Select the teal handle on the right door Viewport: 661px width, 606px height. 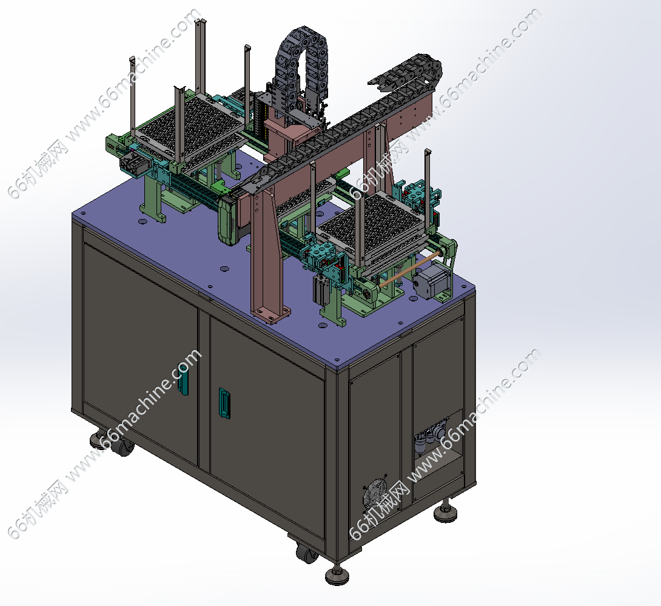click(224, 403)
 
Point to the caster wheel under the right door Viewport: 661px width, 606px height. click(307, 553)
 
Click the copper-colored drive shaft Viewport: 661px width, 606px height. click(409, 269)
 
